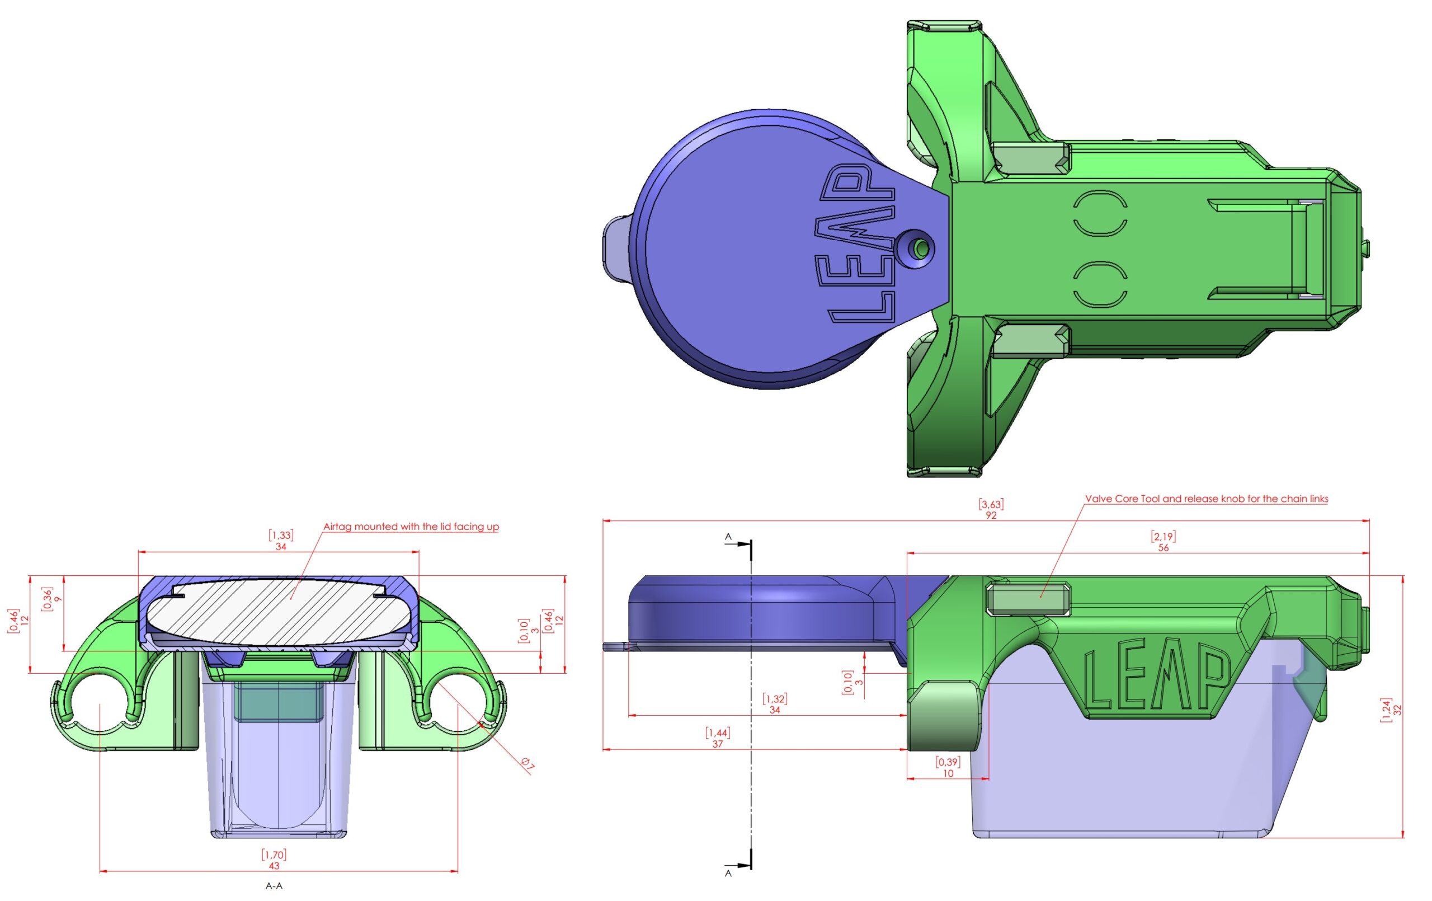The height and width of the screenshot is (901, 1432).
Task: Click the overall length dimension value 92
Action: pos(991,515)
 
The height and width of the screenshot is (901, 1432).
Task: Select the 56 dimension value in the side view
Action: pos(1163,547)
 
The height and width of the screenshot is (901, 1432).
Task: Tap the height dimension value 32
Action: pos(1397,710)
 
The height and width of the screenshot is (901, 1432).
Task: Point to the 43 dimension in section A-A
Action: pos(274,866)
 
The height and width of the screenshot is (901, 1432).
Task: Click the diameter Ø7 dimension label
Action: pos(527,764)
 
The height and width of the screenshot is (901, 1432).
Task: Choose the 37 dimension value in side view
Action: pos(718,744)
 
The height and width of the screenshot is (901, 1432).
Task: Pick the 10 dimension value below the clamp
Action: pos(948,773)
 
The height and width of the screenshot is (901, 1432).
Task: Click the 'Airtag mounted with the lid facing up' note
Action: pos(411,527)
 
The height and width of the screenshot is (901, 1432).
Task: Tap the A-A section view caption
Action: pos(274,886)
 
